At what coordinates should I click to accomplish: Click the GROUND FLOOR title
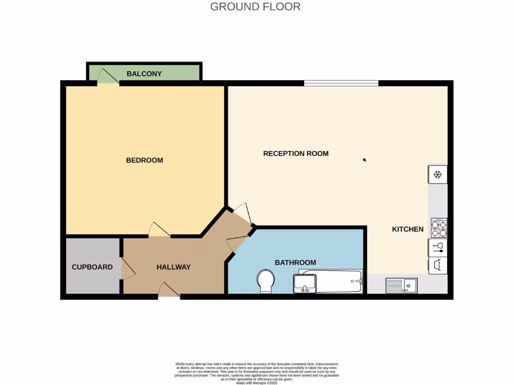[255, 7]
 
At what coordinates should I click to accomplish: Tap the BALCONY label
[144, 74]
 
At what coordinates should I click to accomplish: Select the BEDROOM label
[144, 160]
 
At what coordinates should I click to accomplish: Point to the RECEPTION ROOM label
[296, 153]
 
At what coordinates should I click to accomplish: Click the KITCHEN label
[408, 229]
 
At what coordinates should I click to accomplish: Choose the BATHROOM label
[295, 262]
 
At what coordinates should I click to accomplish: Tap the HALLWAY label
[173, 267]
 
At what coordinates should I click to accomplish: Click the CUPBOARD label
[92, 267]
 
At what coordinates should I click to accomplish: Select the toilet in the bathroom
[265, 282]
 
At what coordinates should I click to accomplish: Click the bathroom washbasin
[305, 284]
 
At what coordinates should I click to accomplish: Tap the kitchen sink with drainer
[401, 286]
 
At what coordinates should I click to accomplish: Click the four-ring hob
[439, 228]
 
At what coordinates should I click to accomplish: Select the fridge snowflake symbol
[437, 174]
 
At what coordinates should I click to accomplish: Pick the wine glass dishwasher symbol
[437, 247]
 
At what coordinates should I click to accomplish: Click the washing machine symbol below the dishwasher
[437, 265]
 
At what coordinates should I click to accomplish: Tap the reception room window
[341, 83]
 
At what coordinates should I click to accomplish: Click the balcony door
[107, 76]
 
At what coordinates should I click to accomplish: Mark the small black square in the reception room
[365, 160]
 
